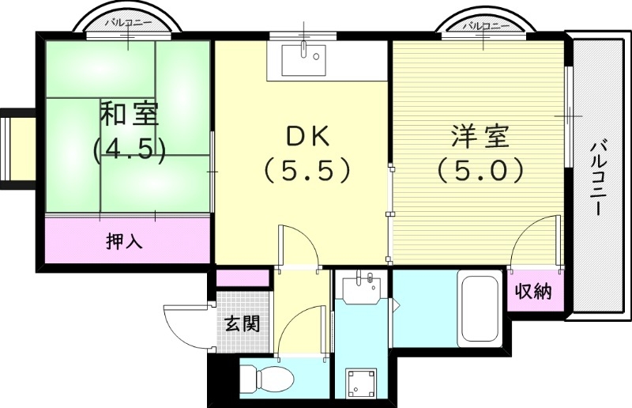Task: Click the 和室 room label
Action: [x=129, y=115]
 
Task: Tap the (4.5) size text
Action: [x=129, y=149]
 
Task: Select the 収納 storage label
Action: [x=533, y=292]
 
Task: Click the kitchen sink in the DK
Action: [x=306, y=55]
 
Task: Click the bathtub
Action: [x=480, y=309]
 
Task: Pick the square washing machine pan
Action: [x=363, y=383]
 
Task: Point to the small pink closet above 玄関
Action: [x=243, y=278]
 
